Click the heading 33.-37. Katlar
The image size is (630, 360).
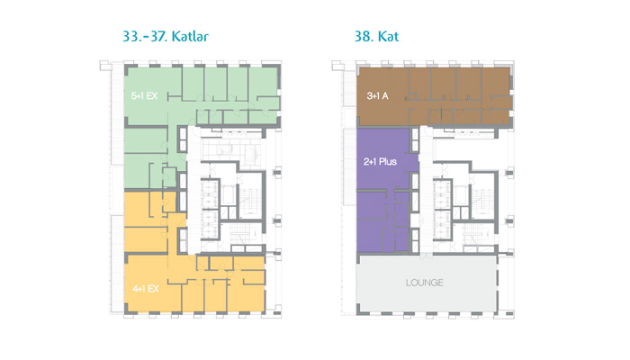point(166,37)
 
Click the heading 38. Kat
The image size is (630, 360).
point(376,37)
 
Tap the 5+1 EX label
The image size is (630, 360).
point(144,96)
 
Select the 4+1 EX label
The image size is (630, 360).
point(146,289)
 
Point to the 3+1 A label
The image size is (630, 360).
point(377,96)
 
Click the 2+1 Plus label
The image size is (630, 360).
point(380,162)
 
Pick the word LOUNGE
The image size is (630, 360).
point(424,283)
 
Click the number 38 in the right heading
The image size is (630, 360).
point(363,37)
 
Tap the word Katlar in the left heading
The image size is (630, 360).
point(190,37)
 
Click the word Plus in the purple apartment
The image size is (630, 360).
point(388,162)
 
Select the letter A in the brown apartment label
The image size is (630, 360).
point(385,96)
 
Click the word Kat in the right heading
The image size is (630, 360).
point(388,37)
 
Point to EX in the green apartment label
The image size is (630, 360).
point(152,96)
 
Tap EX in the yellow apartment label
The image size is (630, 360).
point(153,289)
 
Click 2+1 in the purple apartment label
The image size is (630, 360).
point(370,162)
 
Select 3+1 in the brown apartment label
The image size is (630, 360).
point(373,96)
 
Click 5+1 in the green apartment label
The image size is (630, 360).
point(138,96)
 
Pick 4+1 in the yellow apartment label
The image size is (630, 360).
point(139,289)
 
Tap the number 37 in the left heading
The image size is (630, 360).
point(158,37)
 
